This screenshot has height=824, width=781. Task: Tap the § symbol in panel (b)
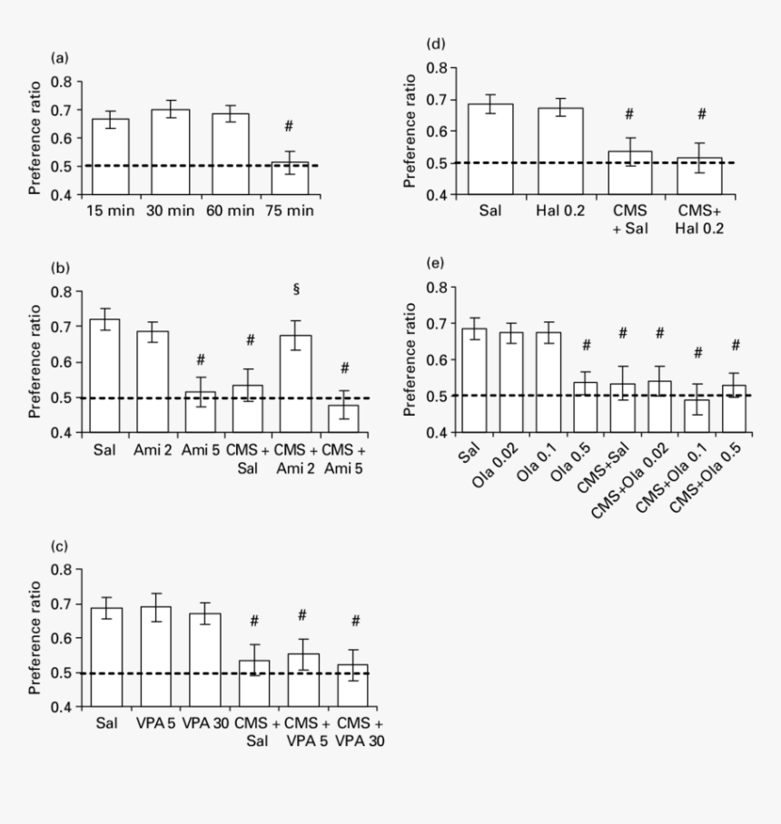pyautogui.click(x=296, y=289)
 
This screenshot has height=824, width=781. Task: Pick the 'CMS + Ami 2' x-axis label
pyautogui.click(x=295, y=455)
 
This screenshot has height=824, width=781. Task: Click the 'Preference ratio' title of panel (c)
pyautogui.click(x=35, y=638)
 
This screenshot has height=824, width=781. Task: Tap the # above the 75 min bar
pyautogui.click(x=289, y=125)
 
